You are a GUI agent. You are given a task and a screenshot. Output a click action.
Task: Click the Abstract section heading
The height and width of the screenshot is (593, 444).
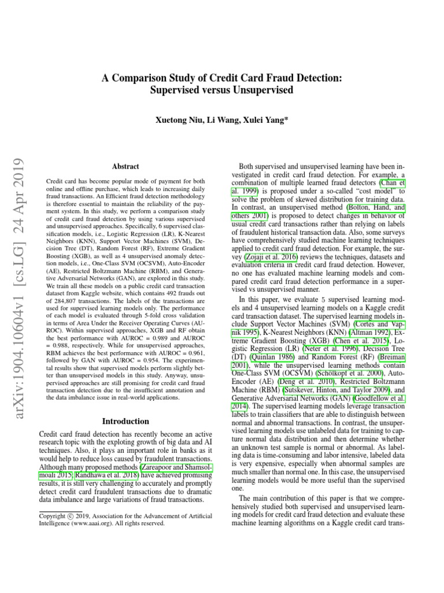125,166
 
